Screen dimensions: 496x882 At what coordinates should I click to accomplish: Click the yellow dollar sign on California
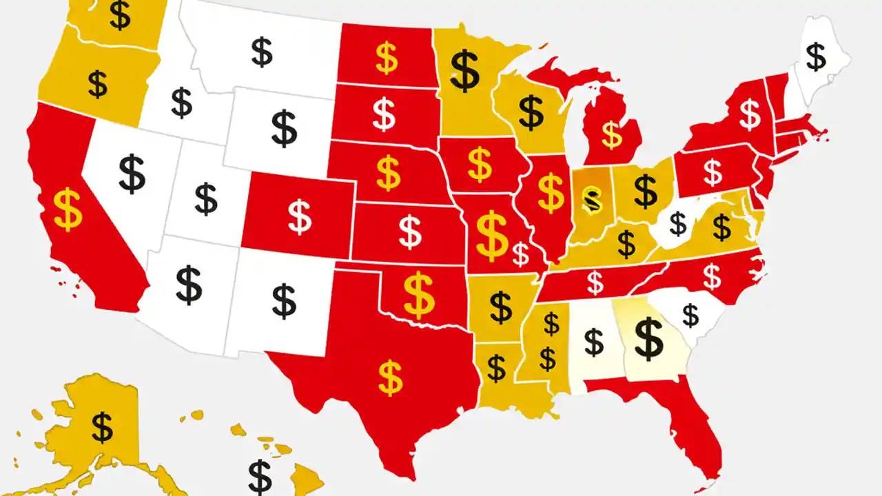point(68,209)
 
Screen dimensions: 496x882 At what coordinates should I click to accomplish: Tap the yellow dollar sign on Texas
point(391,377)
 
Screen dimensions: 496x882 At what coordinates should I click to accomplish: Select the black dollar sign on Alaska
point(102,426)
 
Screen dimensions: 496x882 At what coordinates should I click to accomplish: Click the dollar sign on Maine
point(816,57)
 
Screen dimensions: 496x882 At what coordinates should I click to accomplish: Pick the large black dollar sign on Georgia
point(648,338)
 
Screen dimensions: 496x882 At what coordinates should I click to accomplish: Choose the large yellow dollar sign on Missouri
point(491,236)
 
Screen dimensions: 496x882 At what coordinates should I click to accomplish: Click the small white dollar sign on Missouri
point(521,255)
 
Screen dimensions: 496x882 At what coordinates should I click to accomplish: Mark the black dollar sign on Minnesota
point(465,70)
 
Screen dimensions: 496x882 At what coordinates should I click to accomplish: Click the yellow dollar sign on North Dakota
point(387,59)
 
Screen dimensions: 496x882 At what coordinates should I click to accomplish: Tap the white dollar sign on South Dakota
point(384,114)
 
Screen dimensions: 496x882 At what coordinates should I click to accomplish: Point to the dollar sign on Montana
point(262,52)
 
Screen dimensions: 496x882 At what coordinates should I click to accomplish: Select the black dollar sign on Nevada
point(132,174)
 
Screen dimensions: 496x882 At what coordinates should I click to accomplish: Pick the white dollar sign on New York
point(749,114)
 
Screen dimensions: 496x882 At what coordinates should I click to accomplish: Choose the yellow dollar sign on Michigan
point(611,135)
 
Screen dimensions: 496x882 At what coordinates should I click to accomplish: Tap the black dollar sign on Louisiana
point(496,367)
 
